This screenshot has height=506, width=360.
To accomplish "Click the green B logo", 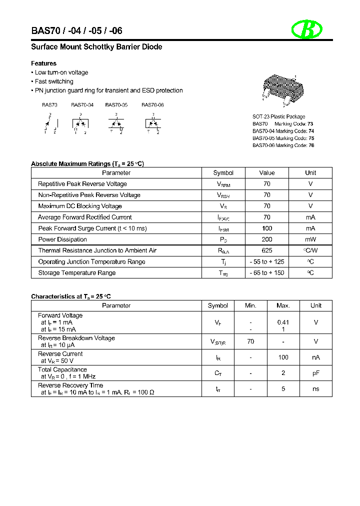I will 307,30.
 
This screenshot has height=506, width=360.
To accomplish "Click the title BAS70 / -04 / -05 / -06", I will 76,30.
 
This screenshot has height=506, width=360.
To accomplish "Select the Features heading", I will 44,63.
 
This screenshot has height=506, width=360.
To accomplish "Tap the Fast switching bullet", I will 54,81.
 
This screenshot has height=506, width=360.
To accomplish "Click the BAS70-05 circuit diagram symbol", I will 116,123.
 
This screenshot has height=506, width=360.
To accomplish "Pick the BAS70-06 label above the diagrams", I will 152,105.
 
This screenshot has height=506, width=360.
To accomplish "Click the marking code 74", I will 310,131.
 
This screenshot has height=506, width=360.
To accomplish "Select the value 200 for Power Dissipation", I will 267,239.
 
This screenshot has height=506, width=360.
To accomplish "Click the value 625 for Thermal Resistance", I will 267,250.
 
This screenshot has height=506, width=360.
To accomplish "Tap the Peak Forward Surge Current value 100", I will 267,228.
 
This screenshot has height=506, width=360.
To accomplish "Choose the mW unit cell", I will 310,239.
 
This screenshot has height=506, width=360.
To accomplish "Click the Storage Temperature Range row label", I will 77,273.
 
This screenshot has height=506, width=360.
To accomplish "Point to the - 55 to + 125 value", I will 267,262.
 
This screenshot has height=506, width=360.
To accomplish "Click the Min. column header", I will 250,305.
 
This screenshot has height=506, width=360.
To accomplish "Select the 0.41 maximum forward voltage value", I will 283,322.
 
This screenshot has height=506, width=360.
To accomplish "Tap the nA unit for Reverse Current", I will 315,357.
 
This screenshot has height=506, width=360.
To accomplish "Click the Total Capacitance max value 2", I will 283,373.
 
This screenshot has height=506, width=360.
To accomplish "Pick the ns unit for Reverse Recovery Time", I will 315,388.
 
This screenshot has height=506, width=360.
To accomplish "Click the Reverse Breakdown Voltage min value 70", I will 250,341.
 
